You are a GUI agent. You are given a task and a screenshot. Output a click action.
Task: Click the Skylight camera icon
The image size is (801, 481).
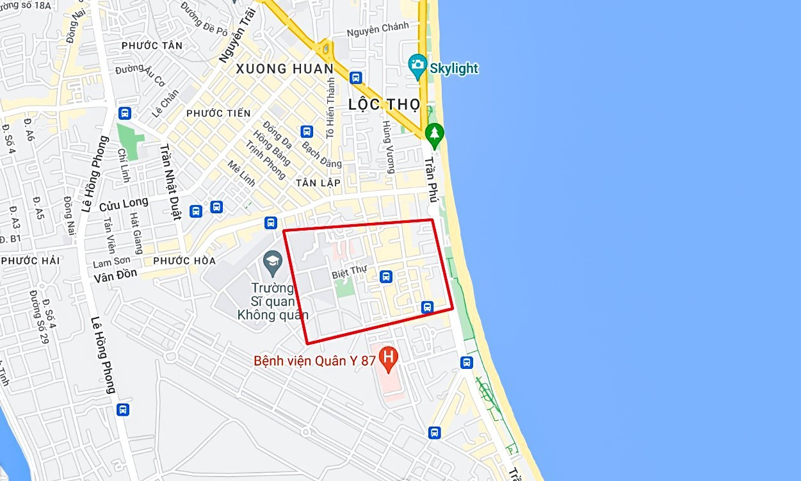[417, 64]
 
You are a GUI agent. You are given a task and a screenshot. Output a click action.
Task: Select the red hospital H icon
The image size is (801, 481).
[387, 359]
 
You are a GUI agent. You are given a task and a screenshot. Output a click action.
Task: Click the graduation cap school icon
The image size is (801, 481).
[273, 261]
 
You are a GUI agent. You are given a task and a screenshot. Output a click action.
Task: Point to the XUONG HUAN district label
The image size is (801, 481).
[284, 69]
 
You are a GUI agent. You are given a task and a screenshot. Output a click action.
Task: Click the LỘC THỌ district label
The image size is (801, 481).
[384, 104]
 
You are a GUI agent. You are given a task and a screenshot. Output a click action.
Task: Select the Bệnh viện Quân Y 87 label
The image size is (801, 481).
[314, 361]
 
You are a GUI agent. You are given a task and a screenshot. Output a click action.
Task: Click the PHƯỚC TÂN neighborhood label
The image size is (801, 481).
[152, 45]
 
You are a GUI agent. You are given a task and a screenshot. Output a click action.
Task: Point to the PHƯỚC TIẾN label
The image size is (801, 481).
[218, 113]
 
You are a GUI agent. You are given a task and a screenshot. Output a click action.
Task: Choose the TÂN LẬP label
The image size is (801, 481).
[318, 183]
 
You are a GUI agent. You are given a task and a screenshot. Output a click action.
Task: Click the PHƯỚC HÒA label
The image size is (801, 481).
[184, 261]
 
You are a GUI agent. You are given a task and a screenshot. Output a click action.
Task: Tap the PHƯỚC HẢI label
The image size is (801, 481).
[30, 261]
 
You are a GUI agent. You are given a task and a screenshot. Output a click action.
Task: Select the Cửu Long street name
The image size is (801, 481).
[124, 205]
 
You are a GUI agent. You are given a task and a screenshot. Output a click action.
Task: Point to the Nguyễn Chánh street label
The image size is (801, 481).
[378, 29]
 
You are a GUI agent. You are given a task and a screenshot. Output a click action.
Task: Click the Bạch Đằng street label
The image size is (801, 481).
[321, 152]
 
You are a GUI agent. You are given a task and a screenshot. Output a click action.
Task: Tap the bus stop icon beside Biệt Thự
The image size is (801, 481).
[385, 276]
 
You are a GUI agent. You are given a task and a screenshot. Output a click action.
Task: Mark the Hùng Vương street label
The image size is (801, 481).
[388, 147]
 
